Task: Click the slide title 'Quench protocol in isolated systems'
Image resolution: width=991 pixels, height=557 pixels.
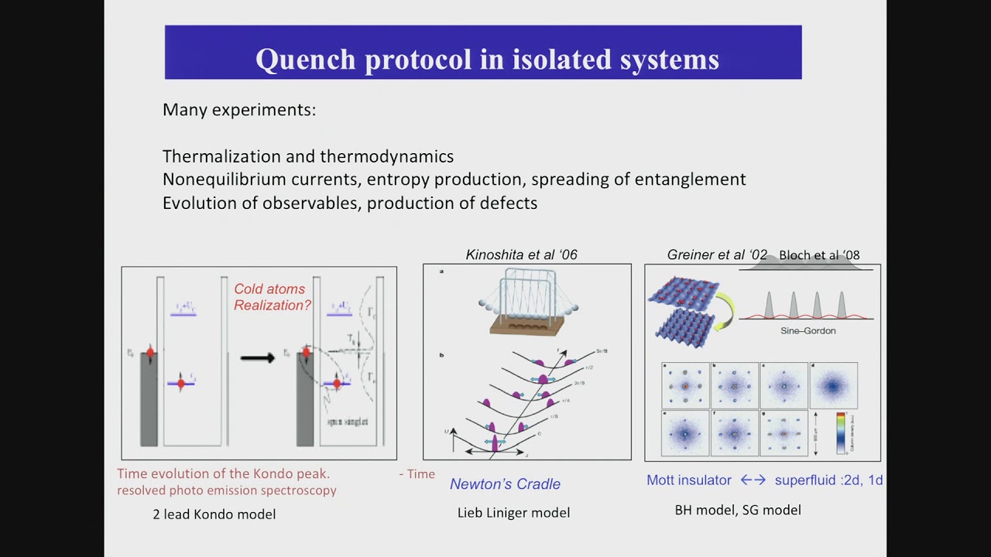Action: tap(487, 59)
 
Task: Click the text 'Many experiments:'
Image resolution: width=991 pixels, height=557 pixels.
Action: tap(238, 110)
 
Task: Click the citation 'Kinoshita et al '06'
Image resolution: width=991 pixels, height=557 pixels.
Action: tap(521, 255)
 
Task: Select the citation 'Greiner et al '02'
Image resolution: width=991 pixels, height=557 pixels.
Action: tap(717, 255)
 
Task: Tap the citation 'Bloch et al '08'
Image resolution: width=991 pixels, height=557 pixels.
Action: tap(819, 255)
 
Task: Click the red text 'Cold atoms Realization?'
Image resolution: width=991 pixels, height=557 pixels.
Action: tap(272, 297)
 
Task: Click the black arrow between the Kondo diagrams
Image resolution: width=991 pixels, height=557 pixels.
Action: tap(257, 357)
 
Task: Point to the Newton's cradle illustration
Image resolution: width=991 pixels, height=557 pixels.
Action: tap(527, 302)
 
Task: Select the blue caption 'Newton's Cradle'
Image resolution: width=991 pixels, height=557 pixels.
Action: tap(505, 484)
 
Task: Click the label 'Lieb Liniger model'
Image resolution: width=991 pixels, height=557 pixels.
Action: tap(513, 512)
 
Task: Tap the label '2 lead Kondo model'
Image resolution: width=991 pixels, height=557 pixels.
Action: tap(214, 514)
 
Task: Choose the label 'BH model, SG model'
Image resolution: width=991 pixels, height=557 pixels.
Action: tap(738, 510)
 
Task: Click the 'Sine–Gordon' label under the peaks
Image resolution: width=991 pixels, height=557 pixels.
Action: tap(808, 331)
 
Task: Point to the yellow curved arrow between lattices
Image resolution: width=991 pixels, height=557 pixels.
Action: tap(725, 310)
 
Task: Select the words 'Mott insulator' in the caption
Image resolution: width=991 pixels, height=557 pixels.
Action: tap(688, 480)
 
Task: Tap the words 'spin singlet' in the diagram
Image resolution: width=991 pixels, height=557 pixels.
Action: tap(346, 422)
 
